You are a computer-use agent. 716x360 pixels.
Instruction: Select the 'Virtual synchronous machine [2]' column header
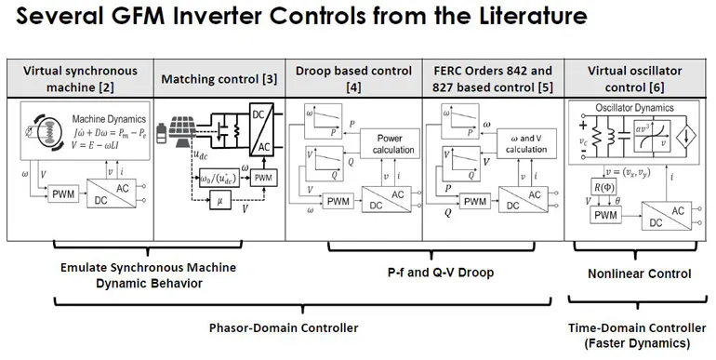pyautogui.click(x=80, y=78)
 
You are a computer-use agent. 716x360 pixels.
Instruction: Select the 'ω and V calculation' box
pyautogui.click(x=526, y=143)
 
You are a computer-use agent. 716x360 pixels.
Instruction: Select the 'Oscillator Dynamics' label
pyautogui.click(x=637, y=108)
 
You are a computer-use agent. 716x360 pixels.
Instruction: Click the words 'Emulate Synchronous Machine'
pyautogui.click(x=148, y=268)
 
